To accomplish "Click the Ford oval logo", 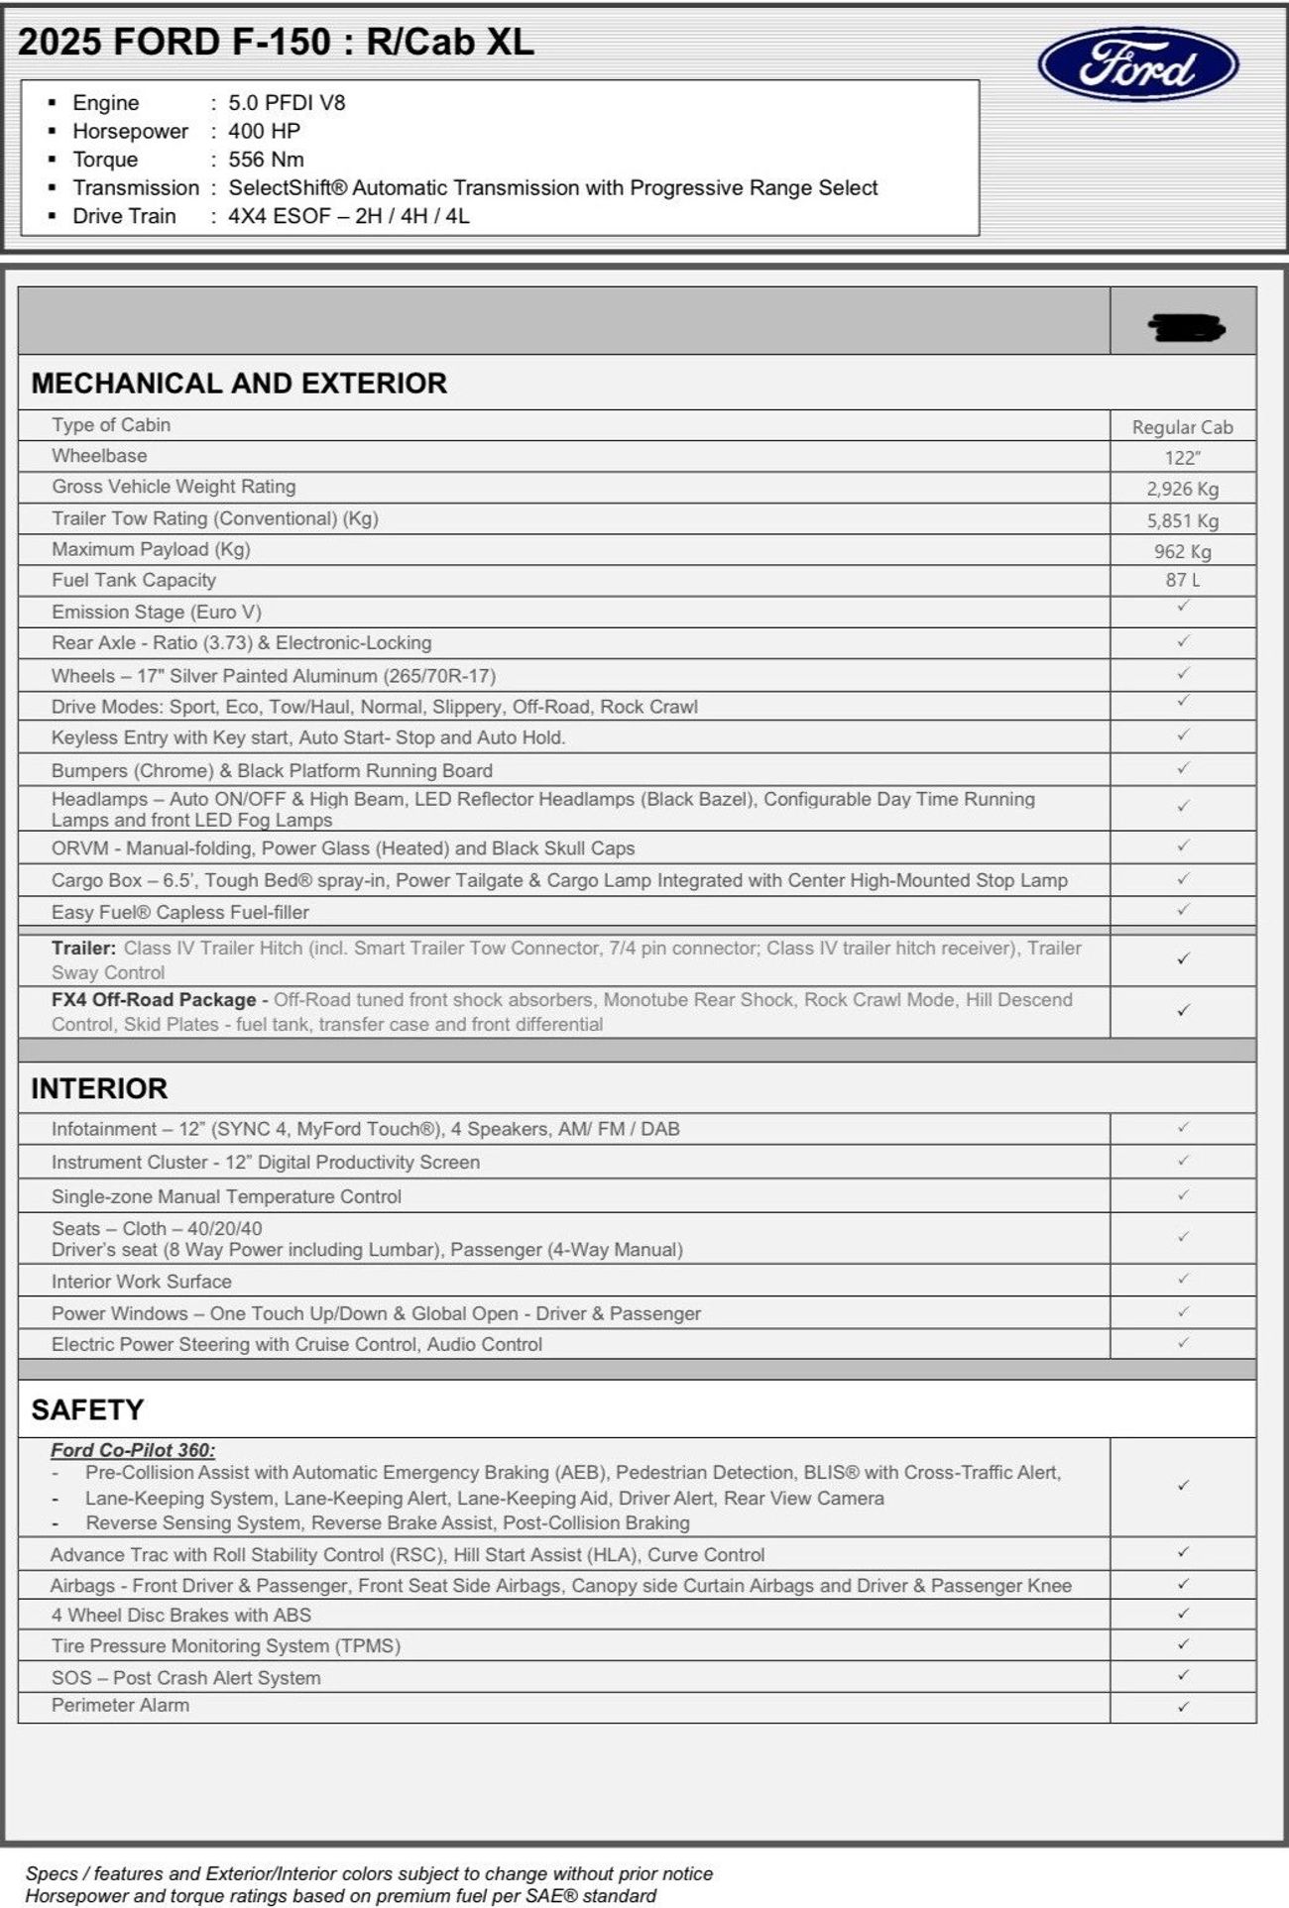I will coord(1137,65).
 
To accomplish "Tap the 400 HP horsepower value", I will coord(264,131).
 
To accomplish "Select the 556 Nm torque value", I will coord(266,160).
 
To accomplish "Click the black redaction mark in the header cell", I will coord(1186,326).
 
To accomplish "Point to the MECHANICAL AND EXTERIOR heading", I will coord(239,384).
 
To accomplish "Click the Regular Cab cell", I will coord(1182,427).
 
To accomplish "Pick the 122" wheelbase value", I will coord(1182,458).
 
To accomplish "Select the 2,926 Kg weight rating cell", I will coord(1182,489).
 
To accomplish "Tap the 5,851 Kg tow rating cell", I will coord(1182,520).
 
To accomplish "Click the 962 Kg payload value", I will coord(1182,551).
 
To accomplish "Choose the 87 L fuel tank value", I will coord(1182,580).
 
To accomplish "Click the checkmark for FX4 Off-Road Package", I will coord(1182,1011).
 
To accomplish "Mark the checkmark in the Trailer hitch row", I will coord(1182,959).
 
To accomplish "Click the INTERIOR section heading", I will coord(99,1088).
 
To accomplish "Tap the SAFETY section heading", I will coord(87,1409).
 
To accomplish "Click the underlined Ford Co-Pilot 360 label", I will coord(133,1450).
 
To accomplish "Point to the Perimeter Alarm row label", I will coord(120,1705).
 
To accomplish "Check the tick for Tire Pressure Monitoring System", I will coord(1182,1644).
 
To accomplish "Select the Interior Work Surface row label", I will coord(142,1282).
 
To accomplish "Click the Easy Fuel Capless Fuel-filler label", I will coord(180,912).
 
